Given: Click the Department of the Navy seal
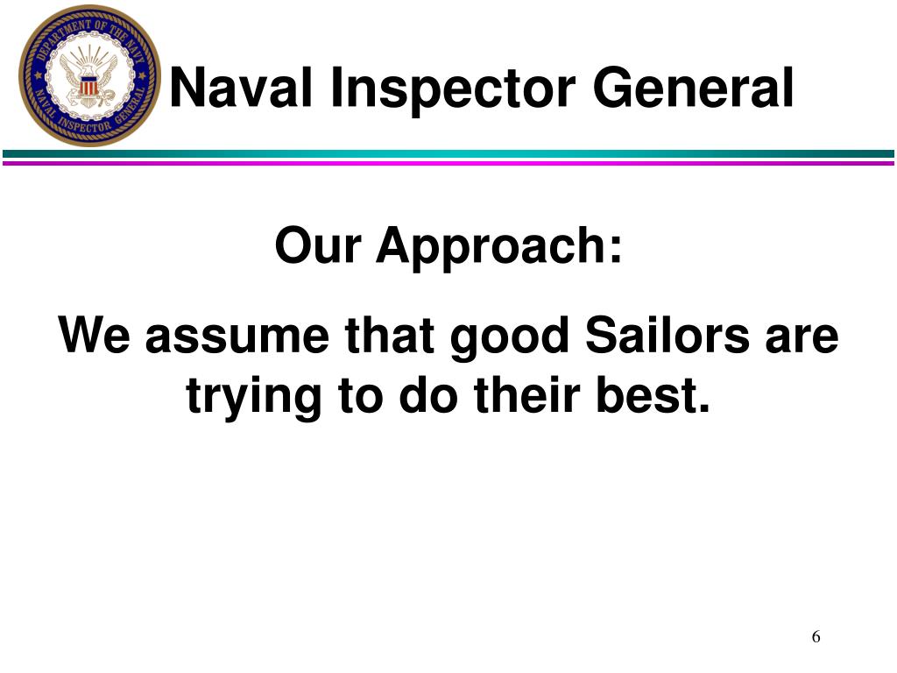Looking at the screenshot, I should [x=90, y=75].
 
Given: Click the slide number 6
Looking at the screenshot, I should [x=816, y=637].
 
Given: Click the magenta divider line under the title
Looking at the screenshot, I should [x=448, y=162].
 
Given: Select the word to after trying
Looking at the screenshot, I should [x=359, y=397].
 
